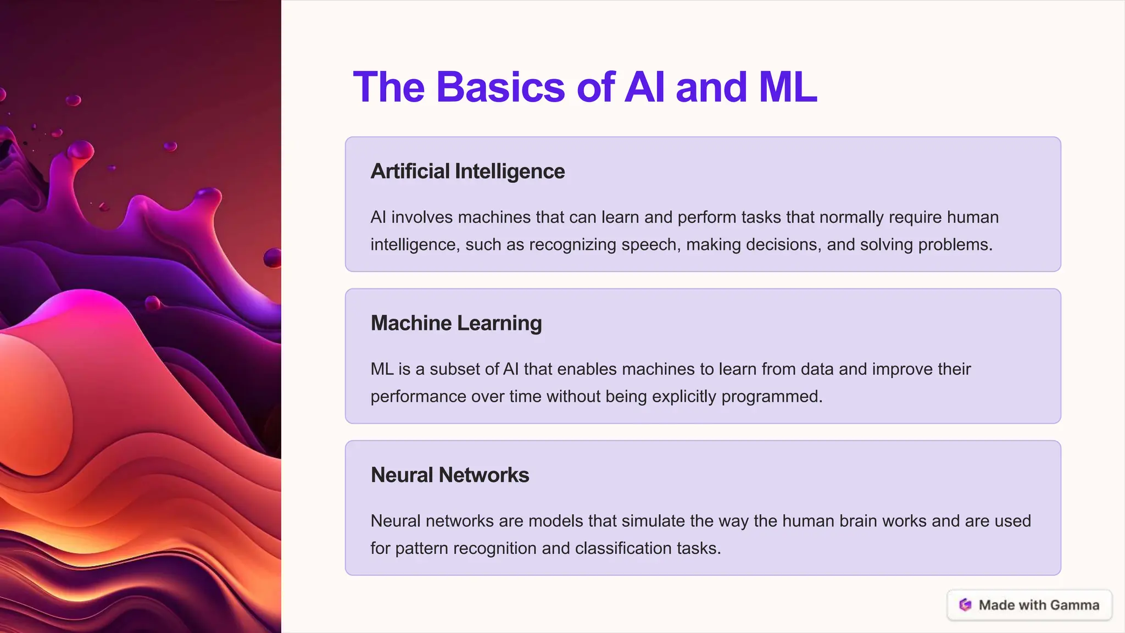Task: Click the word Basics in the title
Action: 500,87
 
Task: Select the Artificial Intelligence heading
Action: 467,171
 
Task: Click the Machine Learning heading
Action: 456,323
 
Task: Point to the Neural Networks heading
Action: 449,475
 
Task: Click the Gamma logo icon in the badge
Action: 965,605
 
